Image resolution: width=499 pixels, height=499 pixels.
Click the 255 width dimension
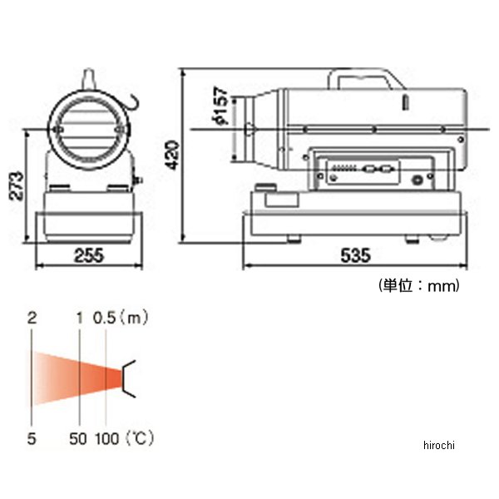coord(89,255)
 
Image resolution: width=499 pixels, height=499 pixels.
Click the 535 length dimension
coord(355,255)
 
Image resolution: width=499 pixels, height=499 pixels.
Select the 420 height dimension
coord(173,156)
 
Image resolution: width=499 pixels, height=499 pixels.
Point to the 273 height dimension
coord(17,185)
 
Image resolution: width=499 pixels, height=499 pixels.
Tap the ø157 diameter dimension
coord(221,106)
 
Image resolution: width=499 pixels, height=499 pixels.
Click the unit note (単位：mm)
coord(419,285)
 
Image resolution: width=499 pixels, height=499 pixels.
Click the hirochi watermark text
coord(439,445)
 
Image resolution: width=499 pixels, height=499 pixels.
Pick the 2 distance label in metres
coord(32,318)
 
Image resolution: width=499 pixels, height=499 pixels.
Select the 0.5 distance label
coord(105,318)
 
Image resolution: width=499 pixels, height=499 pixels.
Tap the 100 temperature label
coord(107,438)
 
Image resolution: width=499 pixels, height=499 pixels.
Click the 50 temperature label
coord(78,438)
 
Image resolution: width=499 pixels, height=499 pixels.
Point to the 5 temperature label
coord(32,438)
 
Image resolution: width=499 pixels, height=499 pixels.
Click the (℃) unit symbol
coord(140,438)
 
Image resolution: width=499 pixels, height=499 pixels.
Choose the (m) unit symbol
coord(134,318)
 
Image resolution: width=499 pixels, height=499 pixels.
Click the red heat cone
coord(77,378)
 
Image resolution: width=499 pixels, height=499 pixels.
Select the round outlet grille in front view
coord(89,130)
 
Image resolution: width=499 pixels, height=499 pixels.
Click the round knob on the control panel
coord(417,180)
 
